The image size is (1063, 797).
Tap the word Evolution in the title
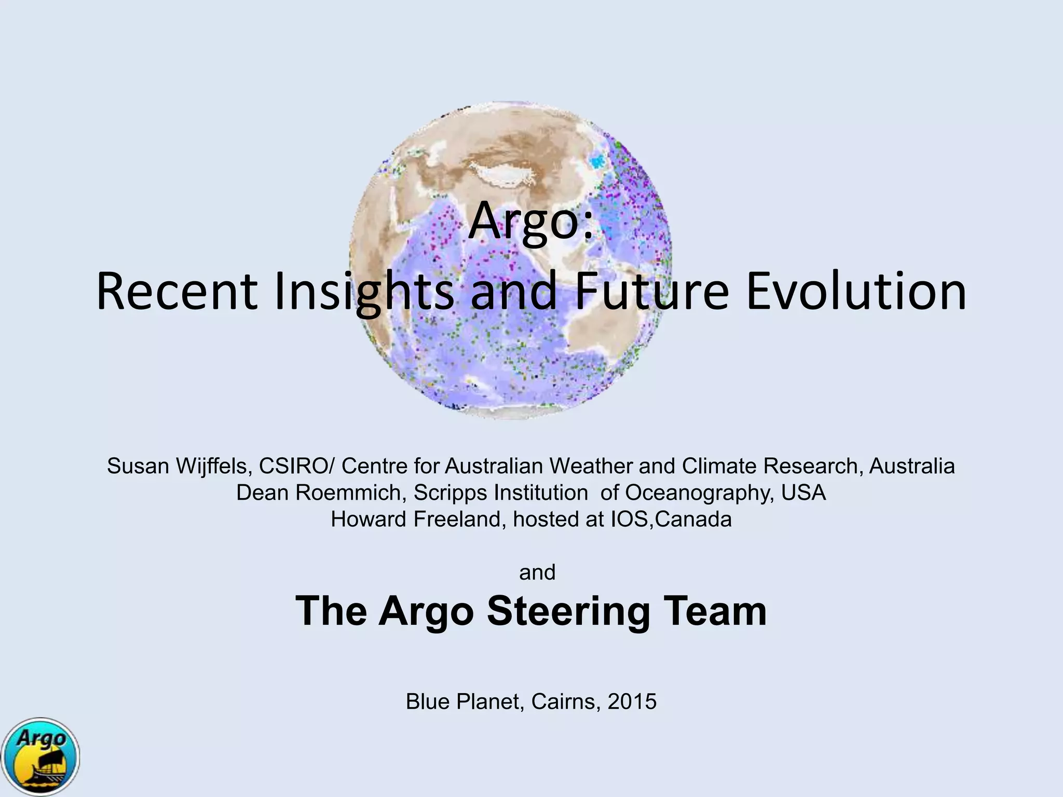coord(856,292)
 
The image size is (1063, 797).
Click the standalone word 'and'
coord(537,572)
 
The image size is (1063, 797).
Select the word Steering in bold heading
coord(568,611)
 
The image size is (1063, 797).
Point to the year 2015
coord(632,702)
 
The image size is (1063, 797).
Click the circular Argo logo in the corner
coord(40,757)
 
